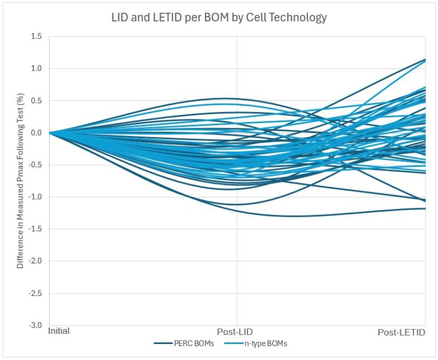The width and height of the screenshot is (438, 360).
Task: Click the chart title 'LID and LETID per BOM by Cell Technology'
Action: (x=219, y=18)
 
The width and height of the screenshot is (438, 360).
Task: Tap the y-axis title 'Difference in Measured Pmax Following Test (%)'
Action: (x=21, y=181)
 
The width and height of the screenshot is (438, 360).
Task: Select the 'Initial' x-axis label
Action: (x=59, y=331)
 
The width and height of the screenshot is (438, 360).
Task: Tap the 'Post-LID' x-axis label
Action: (x=235, y=332)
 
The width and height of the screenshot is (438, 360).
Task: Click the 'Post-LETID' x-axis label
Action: (x=401, y=332)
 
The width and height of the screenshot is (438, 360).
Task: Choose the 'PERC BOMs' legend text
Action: (x=194, y=343)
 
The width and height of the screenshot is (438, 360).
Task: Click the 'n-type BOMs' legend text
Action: (x=266, y=343)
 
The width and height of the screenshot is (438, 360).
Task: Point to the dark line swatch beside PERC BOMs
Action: (x=163, y=343)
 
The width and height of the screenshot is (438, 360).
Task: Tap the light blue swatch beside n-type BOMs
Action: (x=234, y=343)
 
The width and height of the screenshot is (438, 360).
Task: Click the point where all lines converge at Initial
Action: (x=50, y=133)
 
